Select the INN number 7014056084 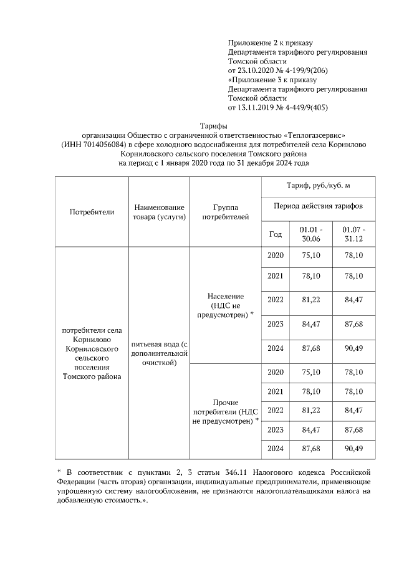(x=103, y=145)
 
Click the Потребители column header (x=92, y=212)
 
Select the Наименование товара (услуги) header (x=159, y=212)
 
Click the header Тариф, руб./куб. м (x=317, y=186)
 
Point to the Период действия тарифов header (x=317, y=206)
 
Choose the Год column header (x=275, y=234)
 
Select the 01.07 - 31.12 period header (x=353, y=234)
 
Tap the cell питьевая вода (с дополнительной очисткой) (x=159, y=353)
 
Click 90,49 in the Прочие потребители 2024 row (x=353, y=449)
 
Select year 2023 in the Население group (x=275, y=324)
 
